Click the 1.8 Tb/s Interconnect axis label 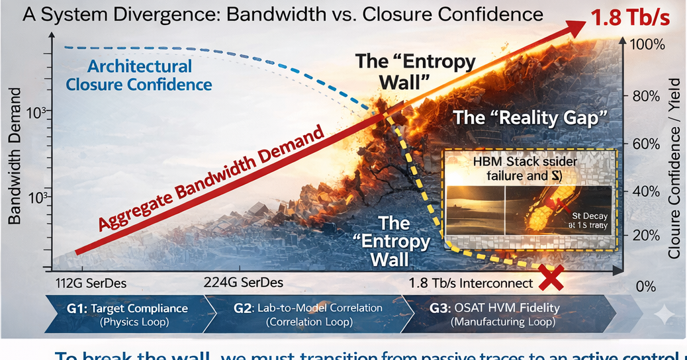point(471,283)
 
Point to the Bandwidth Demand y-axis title point(15,163)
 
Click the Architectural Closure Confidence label point(139,75)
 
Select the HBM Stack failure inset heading point(525,169)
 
